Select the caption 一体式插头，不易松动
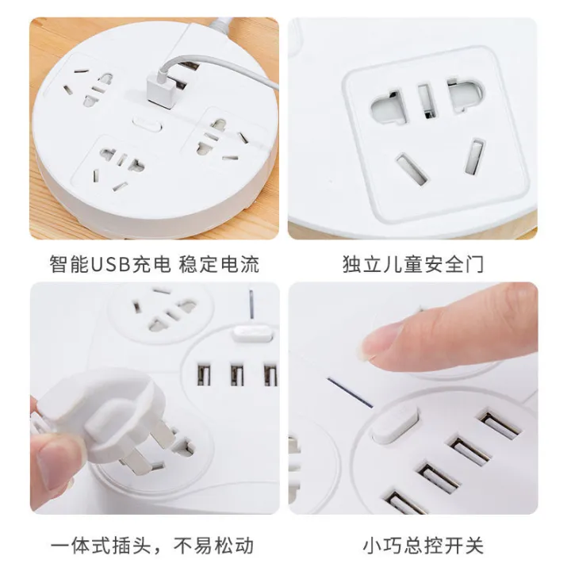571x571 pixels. [x=153, y=546]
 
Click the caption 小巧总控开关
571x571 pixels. [x=412, y=546]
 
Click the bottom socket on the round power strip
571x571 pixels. [x=117, y=167]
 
